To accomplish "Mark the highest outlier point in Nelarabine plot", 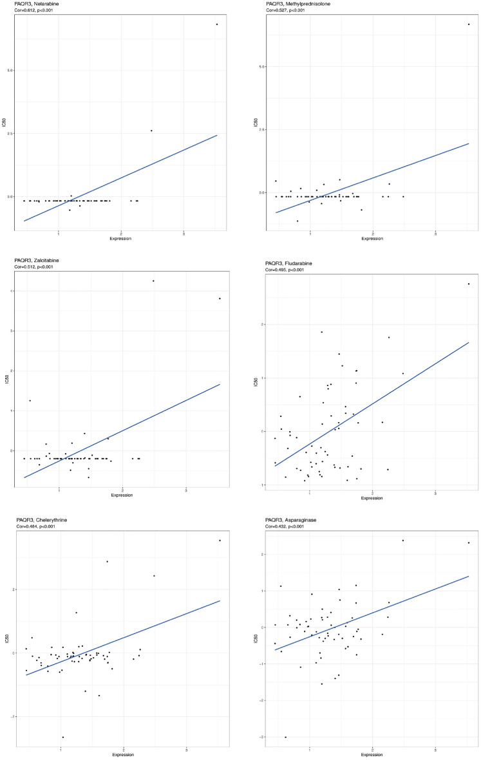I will pyautogui.click(x=217, y=24).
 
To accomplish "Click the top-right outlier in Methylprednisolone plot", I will pyautogui.click(x=469, y=24).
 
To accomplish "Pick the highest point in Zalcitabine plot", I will pyautogui.click(x=153, y=281).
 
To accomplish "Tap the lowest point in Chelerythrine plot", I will pyautogui.click(x=62, y=737).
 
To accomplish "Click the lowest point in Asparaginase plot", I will pyautogui.click(x=285, y=737).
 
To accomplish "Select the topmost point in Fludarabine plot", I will pyautogui.click(x=469, y=284).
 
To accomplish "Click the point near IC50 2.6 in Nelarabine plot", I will pyautogui.click(x=151, y=131).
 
